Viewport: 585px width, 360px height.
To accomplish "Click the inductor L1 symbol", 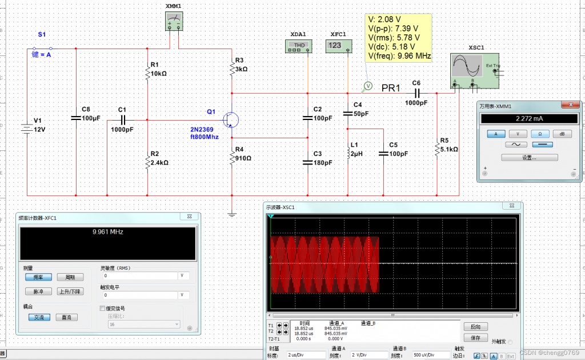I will [348, 153].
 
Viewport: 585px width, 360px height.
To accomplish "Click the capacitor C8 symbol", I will [75, 117].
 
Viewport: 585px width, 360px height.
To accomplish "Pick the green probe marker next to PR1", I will [368, 86].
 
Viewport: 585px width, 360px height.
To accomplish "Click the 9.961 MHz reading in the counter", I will [108, 232].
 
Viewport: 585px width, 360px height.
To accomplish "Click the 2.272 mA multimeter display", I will [527, 119].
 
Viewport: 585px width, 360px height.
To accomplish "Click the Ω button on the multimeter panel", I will [539, 133].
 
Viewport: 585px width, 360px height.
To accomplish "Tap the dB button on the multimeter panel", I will [562, 133].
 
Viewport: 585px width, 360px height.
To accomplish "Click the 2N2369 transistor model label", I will [203, 130].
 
